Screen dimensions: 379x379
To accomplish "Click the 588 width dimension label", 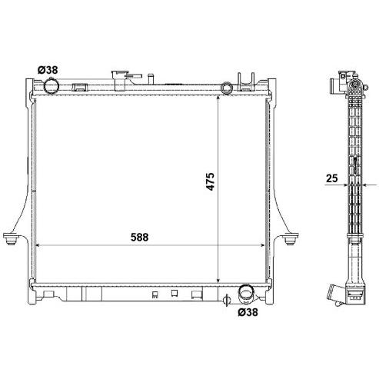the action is tap(139, 238).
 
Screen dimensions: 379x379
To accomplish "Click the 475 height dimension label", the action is tap(210, 181).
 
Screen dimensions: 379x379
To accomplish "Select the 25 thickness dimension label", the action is tap(332, 178).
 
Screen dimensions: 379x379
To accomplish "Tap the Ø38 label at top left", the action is tap(48, 70).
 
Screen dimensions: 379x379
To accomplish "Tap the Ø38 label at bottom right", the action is tap(248, 312).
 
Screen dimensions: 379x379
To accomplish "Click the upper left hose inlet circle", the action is tap(52, 86).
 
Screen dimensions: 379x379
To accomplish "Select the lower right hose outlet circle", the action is tap(246, 293).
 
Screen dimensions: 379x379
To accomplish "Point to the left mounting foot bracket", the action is tap(11, 238).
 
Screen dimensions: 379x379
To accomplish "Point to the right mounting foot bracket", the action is tap(291, 238).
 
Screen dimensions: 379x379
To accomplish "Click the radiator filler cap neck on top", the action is tap(120, 80).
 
